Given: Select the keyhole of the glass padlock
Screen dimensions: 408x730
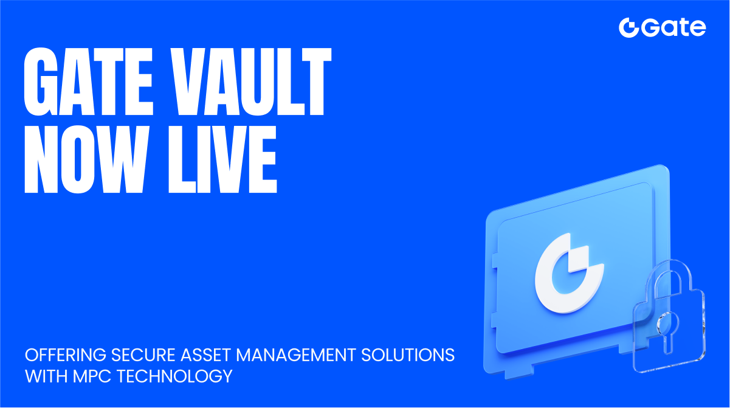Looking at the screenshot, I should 667,328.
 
